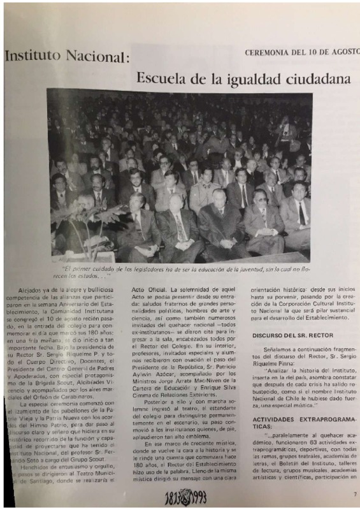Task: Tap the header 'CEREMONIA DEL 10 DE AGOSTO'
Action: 301,53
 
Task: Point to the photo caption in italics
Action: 180,272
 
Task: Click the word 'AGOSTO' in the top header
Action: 344,53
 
